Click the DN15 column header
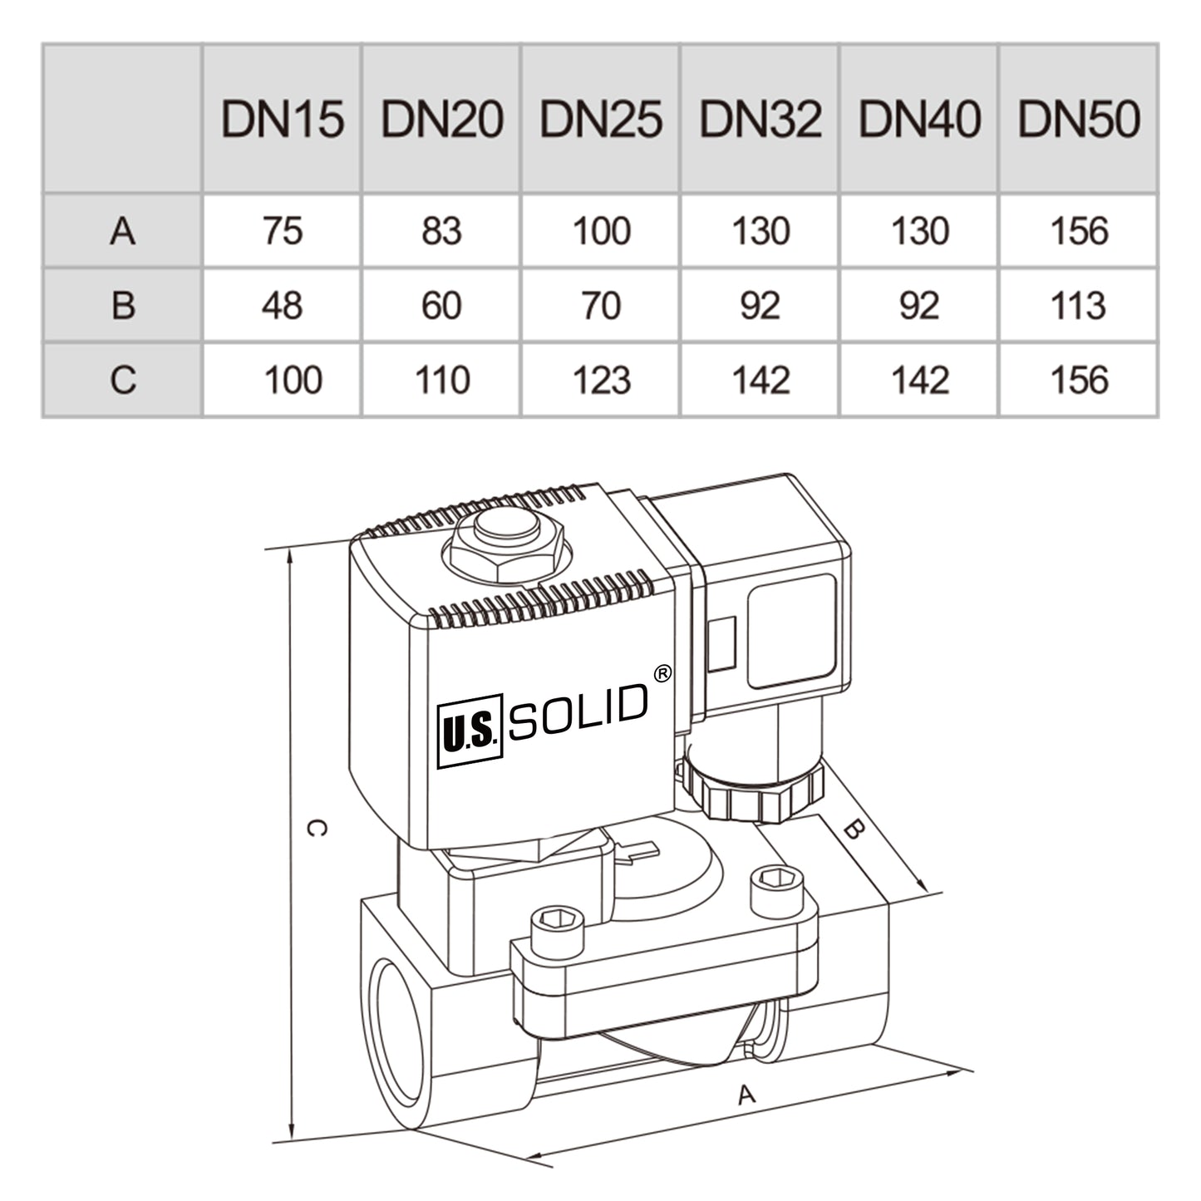(x=282, y=119)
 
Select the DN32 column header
(x=760, y=119)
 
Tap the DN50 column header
(x=1078, y=119)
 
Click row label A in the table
(x=122, y=231)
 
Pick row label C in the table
(x=122, y=381)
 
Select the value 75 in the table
(x=282, y=231)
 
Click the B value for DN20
(x=441, y=306)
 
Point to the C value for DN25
(x=601, y=381)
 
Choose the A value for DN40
(x=919, y=231)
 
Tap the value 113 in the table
(x=1078, y=306)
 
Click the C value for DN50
(x=1078, y=381)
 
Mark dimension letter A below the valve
(x=746, y=1095)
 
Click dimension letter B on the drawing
(x=854, y=829)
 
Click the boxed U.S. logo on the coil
(x=470, y=731)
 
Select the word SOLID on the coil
(x=578, y=713)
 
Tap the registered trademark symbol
(x=662, y=674)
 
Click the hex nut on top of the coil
(x=507, y=549)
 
